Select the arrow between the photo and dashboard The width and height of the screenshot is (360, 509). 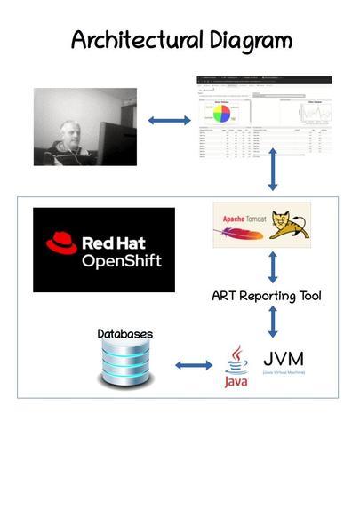(x=164, y=118)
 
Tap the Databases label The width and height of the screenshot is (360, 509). (x=124, y=334)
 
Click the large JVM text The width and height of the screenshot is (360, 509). (x=284, y=359)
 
